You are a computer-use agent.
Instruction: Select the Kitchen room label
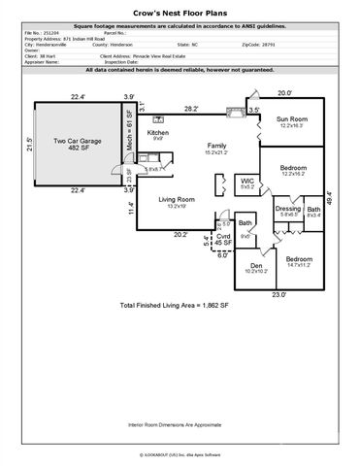[x=158, y=134]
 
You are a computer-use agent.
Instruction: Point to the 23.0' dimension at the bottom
[x=278, y=294]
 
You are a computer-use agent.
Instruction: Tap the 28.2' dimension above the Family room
[x=192, y=109]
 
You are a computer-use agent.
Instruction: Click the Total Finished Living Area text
[x=174, y=305]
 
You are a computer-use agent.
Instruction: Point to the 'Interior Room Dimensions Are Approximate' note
[x=180, y=424]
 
